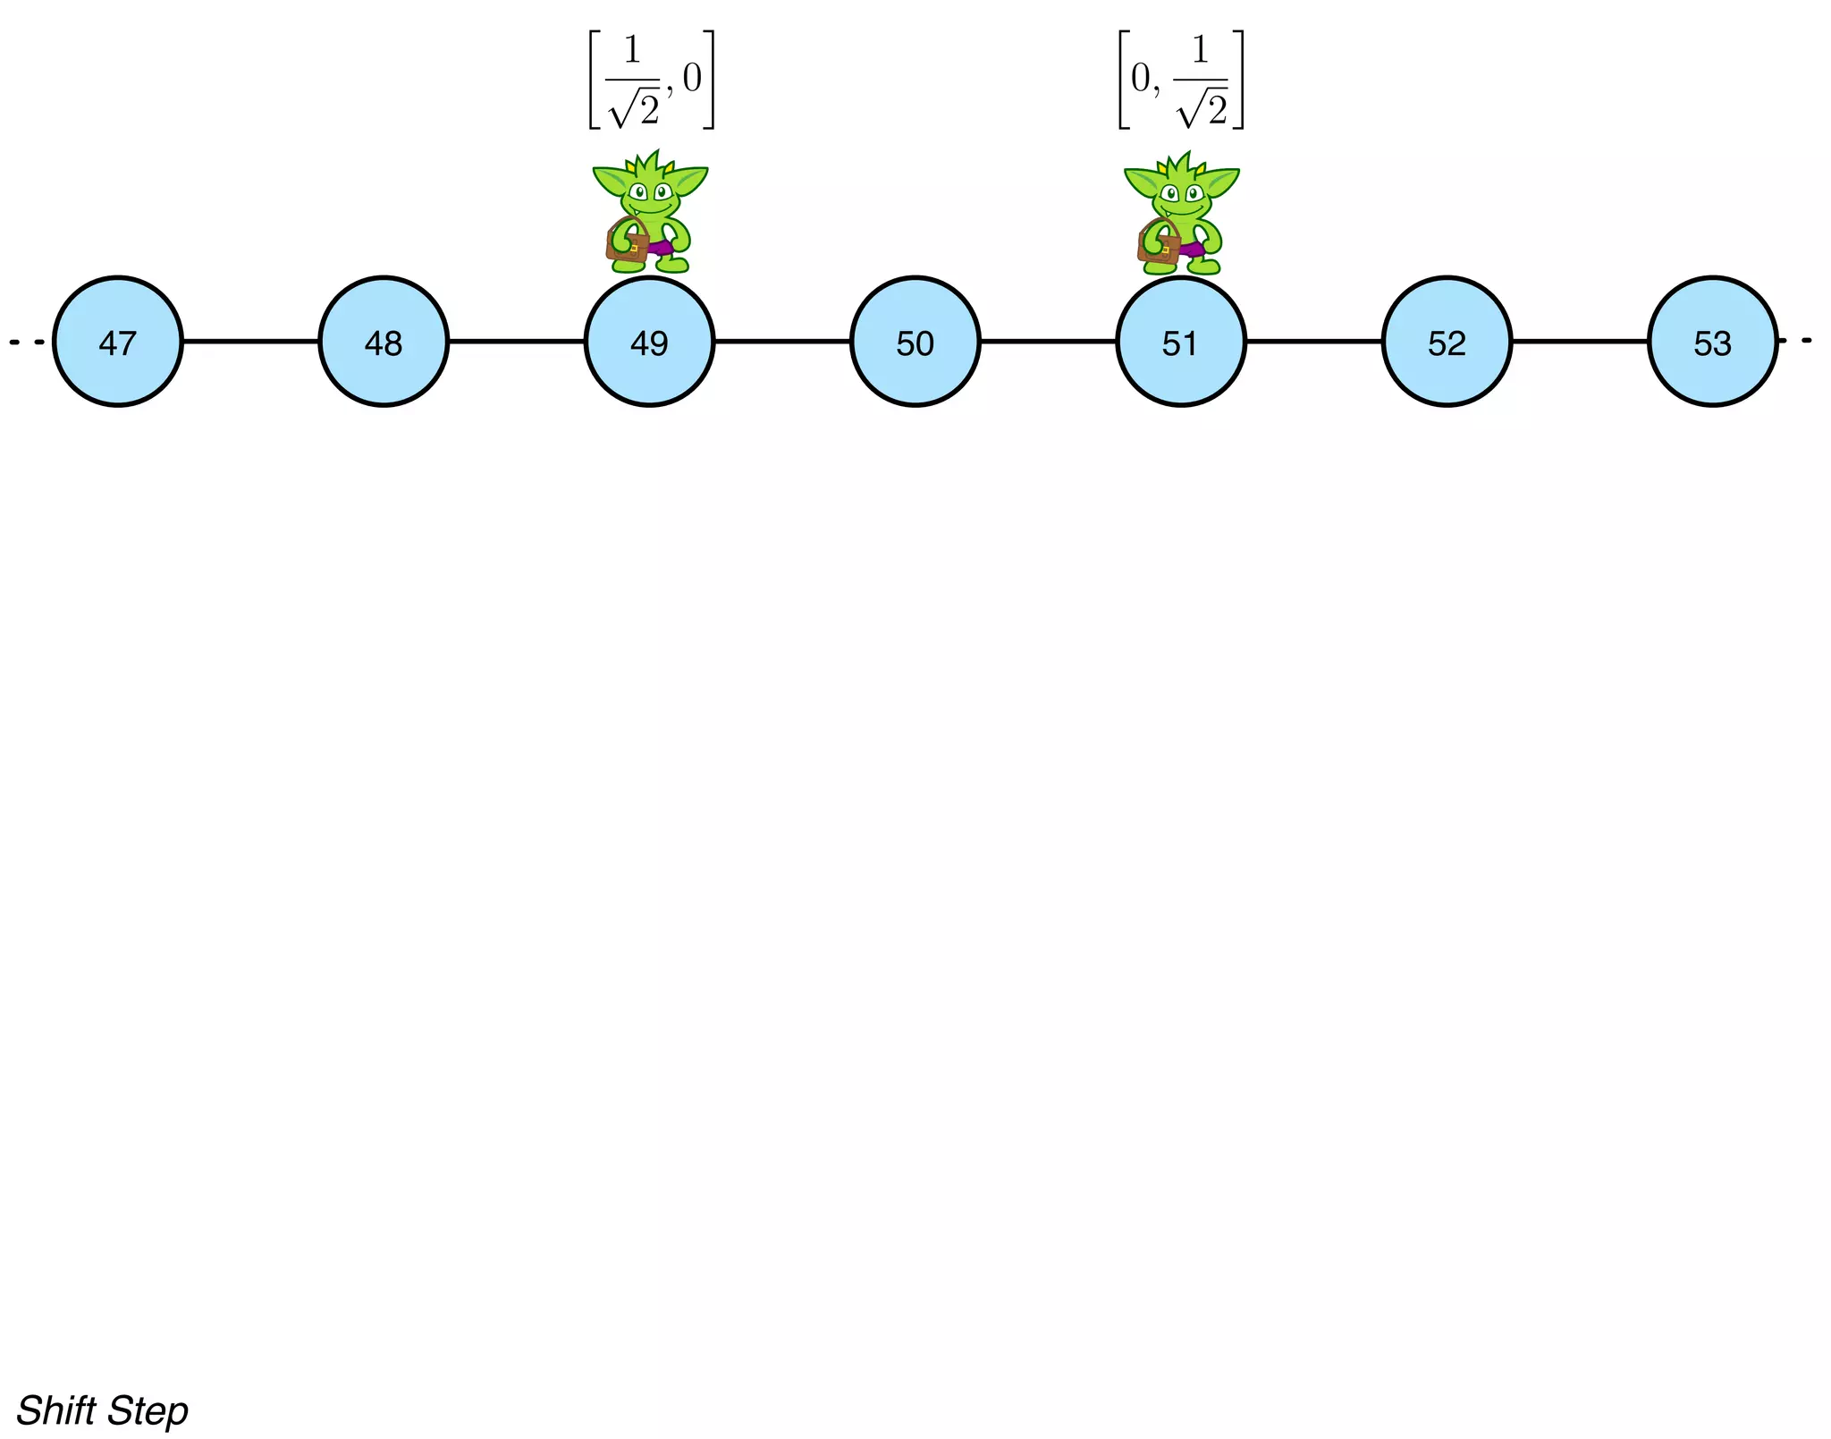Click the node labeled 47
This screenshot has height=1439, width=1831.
click(118, 342)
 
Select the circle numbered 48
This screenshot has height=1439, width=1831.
click(384, 342)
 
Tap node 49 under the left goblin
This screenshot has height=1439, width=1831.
click(649, 342)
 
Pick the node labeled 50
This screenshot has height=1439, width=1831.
click(915, 342)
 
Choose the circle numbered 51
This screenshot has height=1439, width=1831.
click(1180, 342)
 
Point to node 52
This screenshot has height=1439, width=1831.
click(1447, 342)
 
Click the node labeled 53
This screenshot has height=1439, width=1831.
click(1712, 342)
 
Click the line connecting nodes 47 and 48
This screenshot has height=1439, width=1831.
click(250, 341)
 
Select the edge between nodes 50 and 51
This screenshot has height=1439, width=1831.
click(1048, 341)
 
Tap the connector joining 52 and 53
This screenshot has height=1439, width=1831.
click(1580, 341)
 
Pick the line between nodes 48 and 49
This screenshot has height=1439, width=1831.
click(516, 341)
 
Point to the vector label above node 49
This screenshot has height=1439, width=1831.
click(651, 80)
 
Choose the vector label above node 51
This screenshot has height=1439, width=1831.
click(1181, 80)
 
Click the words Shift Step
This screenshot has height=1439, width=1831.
click(102, 1410)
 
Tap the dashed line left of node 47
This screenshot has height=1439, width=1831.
click(25, 342)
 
